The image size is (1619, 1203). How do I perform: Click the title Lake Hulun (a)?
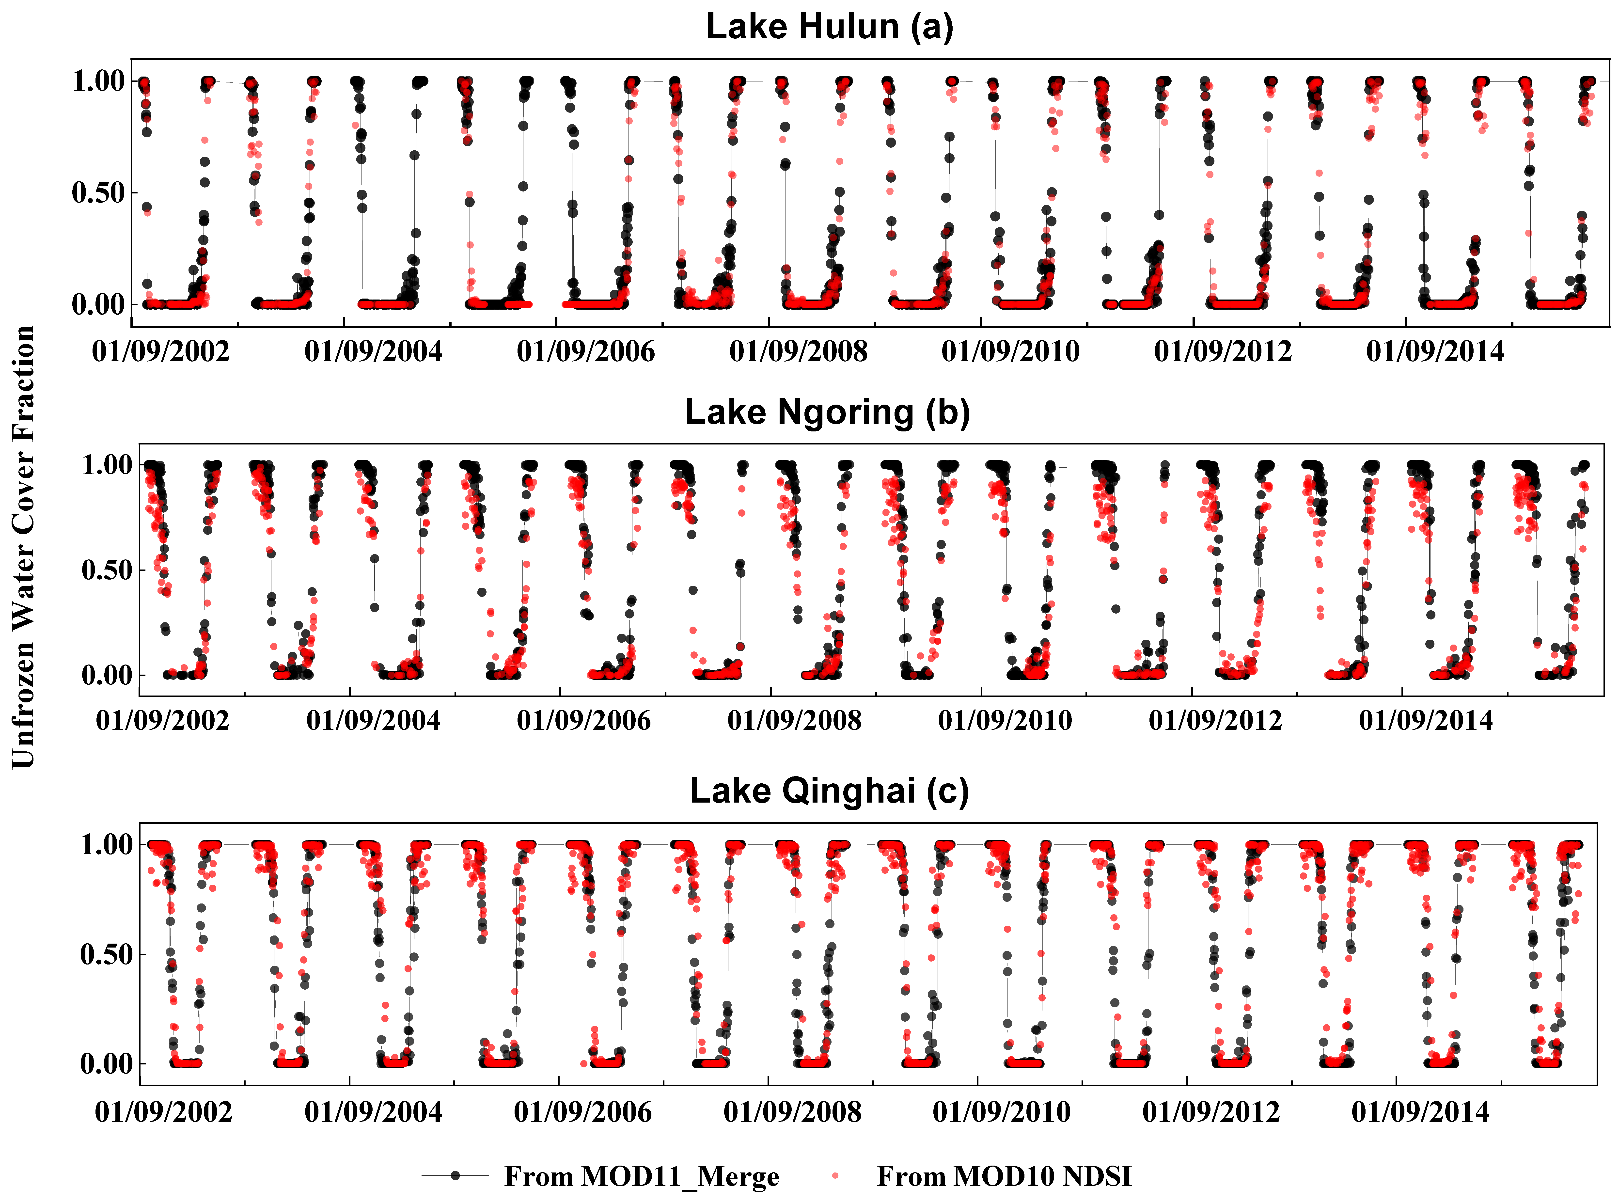click(x=829, y=27)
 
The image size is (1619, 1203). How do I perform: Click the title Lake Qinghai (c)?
click(x=829, y=791)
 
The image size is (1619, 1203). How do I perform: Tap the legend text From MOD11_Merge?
click(x=641, y=1176)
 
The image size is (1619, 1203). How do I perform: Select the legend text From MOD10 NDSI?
click(x=1004, y=1176)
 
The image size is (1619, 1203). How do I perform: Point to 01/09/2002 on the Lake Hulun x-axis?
click(x=161, y=352)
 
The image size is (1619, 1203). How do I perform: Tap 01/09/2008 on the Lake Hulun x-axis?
click(x=799, y=352)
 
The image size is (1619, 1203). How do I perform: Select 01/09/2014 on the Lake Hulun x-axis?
click(x=1435, y=352)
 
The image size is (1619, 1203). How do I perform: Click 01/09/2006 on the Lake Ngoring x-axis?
click(x=584, y=721)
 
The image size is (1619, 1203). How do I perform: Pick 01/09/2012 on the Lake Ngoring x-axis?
click(x=1215, y=721)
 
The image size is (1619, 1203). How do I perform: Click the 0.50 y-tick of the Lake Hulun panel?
click(x=98, y=193)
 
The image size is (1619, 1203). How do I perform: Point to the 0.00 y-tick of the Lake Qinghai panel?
click(x=106, y=1064)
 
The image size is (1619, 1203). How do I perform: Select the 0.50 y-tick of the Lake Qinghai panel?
click(x=106, y=954)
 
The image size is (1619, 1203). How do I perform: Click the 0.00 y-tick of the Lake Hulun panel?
click(x=98, y=304)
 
